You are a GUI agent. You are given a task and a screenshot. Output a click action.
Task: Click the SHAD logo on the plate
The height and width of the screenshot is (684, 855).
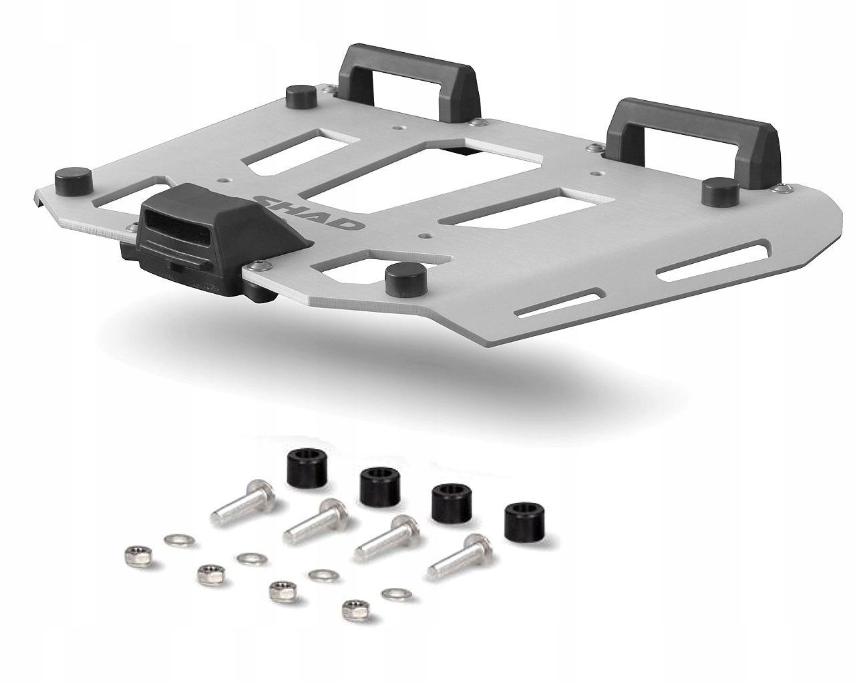tap(307, 212)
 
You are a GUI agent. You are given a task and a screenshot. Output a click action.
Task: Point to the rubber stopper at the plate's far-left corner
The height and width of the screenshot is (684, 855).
tap(73, 182)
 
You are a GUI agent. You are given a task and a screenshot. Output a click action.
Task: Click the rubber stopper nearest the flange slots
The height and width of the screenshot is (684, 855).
tap(405, 277)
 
